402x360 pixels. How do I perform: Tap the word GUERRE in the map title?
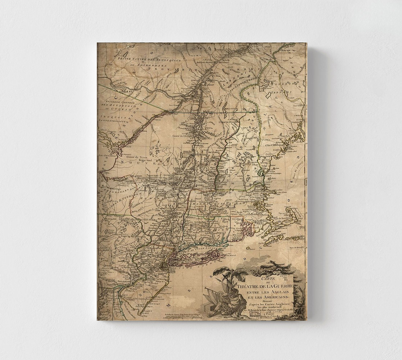click(281, 285)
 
